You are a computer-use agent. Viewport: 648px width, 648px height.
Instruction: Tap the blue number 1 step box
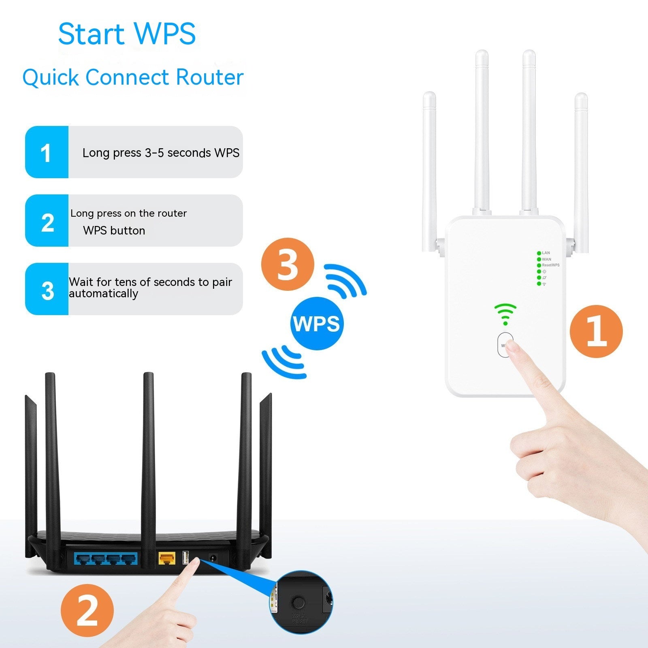47,152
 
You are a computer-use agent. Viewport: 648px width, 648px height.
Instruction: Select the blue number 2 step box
47,221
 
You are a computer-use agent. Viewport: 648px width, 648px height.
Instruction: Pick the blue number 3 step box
47,289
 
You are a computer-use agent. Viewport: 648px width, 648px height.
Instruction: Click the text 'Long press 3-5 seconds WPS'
161,153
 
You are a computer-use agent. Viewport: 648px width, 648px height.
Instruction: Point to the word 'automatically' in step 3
103,294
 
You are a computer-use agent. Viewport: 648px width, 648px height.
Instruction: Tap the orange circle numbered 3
287,264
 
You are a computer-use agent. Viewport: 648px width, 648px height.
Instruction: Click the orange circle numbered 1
596,331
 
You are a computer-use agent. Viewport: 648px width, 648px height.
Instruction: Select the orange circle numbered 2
87,610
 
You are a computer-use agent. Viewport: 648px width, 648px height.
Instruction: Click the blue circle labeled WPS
316,324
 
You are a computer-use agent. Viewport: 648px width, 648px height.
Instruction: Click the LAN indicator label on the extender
546,253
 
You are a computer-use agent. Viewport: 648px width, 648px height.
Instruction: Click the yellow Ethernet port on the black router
167,559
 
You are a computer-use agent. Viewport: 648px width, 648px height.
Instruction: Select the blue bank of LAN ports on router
105,559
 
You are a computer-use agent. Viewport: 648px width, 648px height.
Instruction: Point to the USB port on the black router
186,558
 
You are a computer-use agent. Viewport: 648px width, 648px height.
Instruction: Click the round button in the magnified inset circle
298,603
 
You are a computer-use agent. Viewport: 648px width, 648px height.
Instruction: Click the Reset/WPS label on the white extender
550,265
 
